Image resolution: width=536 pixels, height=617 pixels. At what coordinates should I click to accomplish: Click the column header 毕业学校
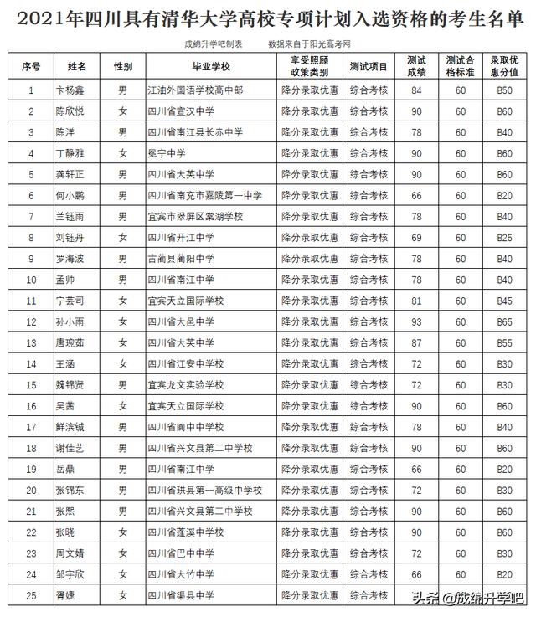click(x=210, y=65)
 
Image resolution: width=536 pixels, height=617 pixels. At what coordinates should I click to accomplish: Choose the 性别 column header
click(x=122, y=65)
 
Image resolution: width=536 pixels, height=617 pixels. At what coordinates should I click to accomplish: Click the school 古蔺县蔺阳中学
click(x=180, y=258)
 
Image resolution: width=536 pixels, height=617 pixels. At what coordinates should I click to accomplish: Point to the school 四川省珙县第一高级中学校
click(x=204, y=490)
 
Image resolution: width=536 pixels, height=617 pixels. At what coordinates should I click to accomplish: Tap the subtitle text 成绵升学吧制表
click(x=213, y=43)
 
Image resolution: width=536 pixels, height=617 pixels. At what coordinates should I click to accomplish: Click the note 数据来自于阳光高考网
click(x=307, y=43)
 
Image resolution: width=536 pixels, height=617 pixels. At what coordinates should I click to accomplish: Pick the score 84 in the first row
click(x=416, y=90)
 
